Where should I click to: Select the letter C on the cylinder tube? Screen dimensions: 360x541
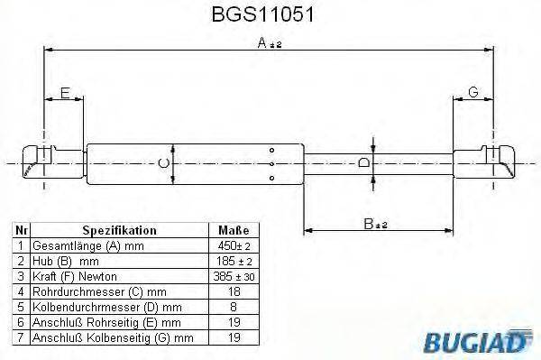[x=161, y=162]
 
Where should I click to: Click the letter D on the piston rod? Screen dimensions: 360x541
[x=363, y=162]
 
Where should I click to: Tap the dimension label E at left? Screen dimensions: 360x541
[x=64, y=92]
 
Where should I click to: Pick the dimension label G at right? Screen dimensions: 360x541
[x=472, y=92]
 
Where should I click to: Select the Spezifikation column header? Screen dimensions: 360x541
[x=119, y=231]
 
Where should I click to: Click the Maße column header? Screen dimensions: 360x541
[x=234, y=231]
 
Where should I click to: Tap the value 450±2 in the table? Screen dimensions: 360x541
[x=234, y=245]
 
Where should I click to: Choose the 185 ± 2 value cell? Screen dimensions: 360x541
[x=234, y=261]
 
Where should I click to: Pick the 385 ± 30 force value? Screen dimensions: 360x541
[x=234, y=276]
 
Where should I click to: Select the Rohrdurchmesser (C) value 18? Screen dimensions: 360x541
[x=234, y=291]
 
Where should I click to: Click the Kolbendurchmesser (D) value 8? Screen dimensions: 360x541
[x=234, y=307]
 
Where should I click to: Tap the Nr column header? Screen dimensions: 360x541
[x=20, y=231]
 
